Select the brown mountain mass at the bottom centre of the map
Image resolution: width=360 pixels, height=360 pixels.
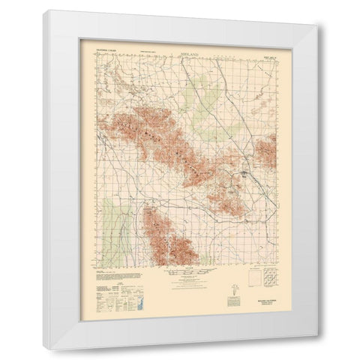169,236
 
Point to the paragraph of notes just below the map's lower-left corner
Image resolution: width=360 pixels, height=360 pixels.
112,277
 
